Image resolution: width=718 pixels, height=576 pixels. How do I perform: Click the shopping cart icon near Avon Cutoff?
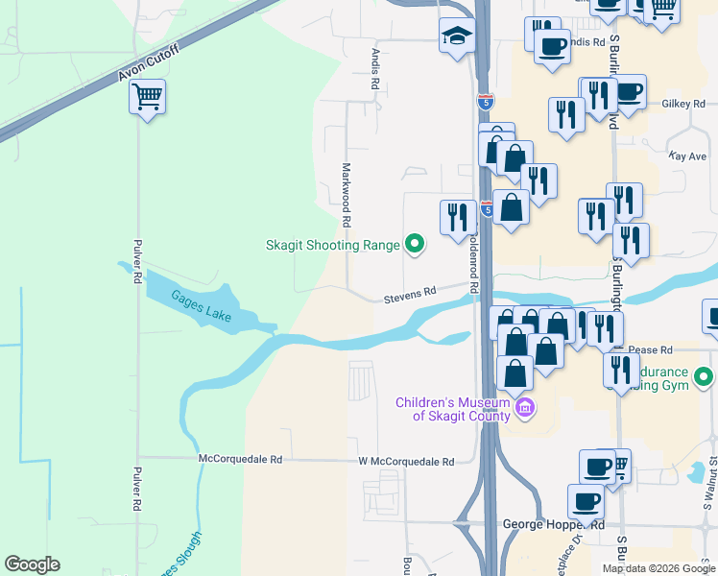(147, 96)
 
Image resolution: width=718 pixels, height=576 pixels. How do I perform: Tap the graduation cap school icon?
(457, 37)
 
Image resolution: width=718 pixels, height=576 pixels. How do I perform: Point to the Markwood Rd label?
(346, 195)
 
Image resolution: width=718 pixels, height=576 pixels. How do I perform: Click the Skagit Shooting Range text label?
(332, 245)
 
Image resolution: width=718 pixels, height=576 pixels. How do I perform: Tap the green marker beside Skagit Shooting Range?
(415, 245)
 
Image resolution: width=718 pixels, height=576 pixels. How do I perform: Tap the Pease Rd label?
(652, 350)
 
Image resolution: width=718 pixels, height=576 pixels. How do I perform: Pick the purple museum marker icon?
(524, 409)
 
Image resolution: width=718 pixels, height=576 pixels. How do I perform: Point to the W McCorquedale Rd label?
(406, 462)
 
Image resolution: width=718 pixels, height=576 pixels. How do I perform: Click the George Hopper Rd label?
(554, 525)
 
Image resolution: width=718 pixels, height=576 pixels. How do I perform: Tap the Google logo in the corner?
(32, 564)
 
